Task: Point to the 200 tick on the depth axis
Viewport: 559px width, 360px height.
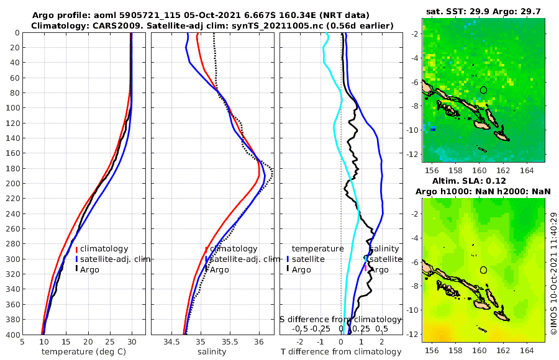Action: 12,183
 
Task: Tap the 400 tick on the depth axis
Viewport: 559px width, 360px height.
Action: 12,335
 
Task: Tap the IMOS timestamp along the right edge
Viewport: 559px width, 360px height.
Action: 553,273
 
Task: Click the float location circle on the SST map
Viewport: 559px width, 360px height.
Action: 484,90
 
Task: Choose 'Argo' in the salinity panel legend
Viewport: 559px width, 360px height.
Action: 219,269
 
